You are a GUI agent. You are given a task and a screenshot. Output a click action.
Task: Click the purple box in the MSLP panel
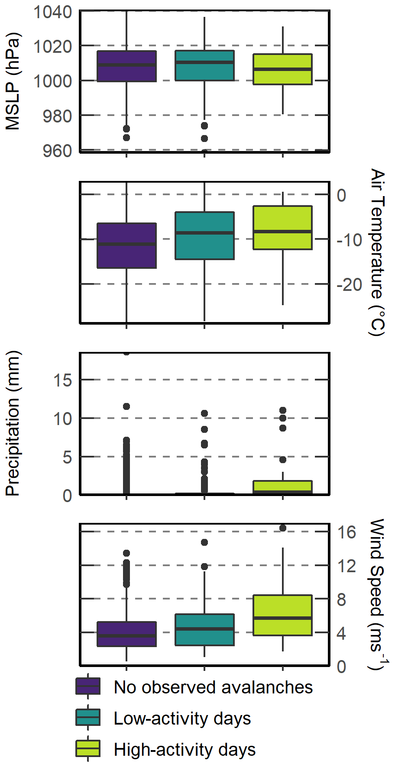coord(126,66)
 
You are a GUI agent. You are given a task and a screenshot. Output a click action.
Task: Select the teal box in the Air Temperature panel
coord(204,235)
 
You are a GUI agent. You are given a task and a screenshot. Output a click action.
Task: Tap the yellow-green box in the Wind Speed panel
coord(282,615)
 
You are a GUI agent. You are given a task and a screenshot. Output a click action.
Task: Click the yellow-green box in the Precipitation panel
coord(282,487)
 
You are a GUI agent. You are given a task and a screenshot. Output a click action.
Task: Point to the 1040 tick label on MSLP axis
coord(53,12)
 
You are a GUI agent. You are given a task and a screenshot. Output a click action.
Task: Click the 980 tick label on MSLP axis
coord(57,116)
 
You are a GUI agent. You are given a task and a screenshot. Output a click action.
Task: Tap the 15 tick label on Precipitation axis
coord(62,380)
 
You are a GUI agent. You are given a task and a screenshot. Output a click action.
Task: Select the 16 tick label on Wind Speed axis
coord(346,532)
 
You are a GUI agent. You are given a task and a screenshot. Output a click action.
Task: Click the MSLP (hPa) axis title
coord(13,81)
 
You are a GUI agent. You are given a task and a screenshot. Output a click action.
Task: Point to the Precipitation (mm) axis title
coord(13,423)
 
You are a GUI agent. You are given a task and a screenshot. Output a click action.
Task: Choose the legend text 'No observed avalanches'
coord(213,687)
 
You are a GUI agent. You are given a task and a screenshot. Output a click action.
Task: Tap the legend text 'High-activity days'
coord(185,750)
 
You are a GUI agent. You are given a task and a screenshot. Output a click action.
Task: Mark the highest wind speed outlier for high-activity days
coord(283,528)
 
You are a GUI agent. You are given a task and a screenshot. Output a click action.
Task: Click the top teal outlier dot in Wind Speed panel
coord(204,542)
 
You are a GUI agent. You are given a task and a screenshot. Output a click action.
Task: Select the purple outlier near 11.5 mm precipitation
coord(126,406)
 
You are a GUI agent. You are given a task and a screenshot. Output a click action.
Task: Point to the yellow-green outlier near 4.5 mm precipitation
coord(283,460)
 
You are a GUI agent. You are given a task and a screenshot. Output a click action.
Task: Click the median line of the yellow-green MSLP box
coord(282,69)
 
